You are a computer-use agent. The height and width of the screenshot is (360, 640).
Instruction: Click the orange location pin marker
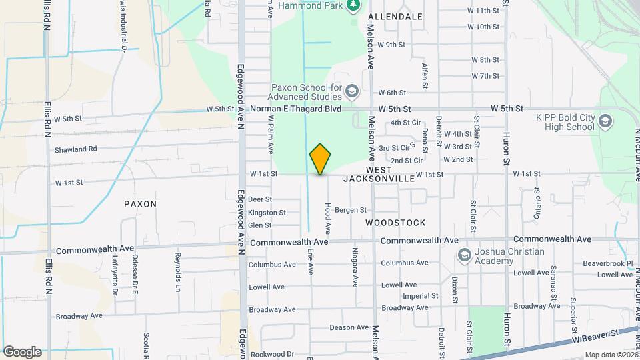pyautogui.click(x=321, y=159)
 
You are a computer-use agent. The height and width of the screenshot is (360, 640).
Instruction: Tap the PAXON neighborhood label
pyautogui.click(x=140, y=203)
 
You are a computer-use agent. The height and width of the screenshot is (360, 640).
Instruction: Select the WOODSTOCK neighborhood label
pyautogui.click(x=395, y=222)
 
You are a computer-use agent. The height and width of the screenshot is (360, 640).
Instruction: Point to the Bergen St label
pyautogui.click(x=351, y=210)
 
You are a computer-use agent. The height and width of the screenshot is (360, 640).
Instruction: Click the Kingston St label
pyautogui.click(x=267, y=213)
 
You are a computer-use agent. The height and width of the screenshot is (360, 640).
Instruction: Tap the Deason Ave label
pyautogui.click(x=349, y=327)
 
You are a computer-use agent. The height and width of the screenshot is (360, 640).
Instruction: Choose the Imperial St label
pyautogui.click(x=421, y=295)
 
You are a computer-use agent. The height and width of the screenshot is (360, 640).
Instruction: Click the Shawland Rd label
pyautogui.click(x=76, y=149)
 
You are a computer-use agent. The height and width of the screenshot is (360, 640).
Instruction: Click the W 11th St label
pyautogui.click(x=483, y=11)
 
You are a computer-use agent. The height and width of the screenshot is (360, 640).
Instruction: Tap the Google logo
pyautogui.click(x=22, y=351)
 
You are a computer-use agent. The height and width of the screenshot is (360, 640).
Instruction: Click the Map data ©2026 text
pyautogui.click(x=611, y=355)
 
